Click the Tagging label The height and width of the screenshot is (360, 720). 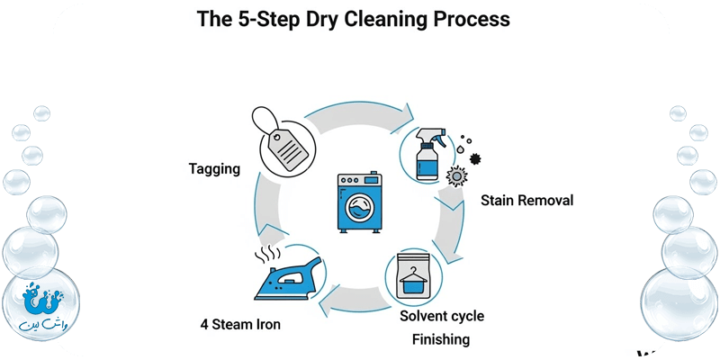pos(213,168)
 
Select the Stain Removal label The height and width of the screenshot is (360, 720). pos(526,200)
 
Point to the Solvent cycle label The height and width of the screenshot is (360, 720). pos(442,316)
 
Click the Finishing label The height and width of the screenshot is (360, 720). pos(441,339)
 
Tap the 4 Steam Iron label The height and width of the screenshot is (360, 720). pos(240,324)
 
